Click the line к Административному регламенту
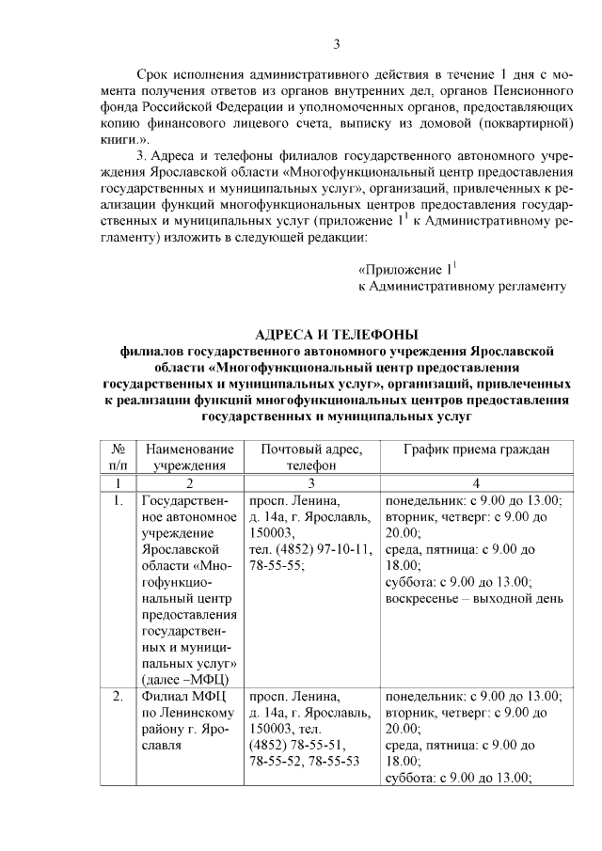(x=462, y=285)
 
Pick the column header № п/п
(x=119, y=456)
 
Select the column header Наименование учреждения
(x=189, y=456)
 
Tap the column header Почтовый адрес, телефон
(x=311, y=456)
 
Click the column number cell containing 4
(x=476, y=482)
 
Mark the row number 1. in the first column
(x=119, y=500)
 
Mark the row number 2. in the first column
(x=119, y=697)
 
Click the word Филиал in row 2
(x=163, y=697)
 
